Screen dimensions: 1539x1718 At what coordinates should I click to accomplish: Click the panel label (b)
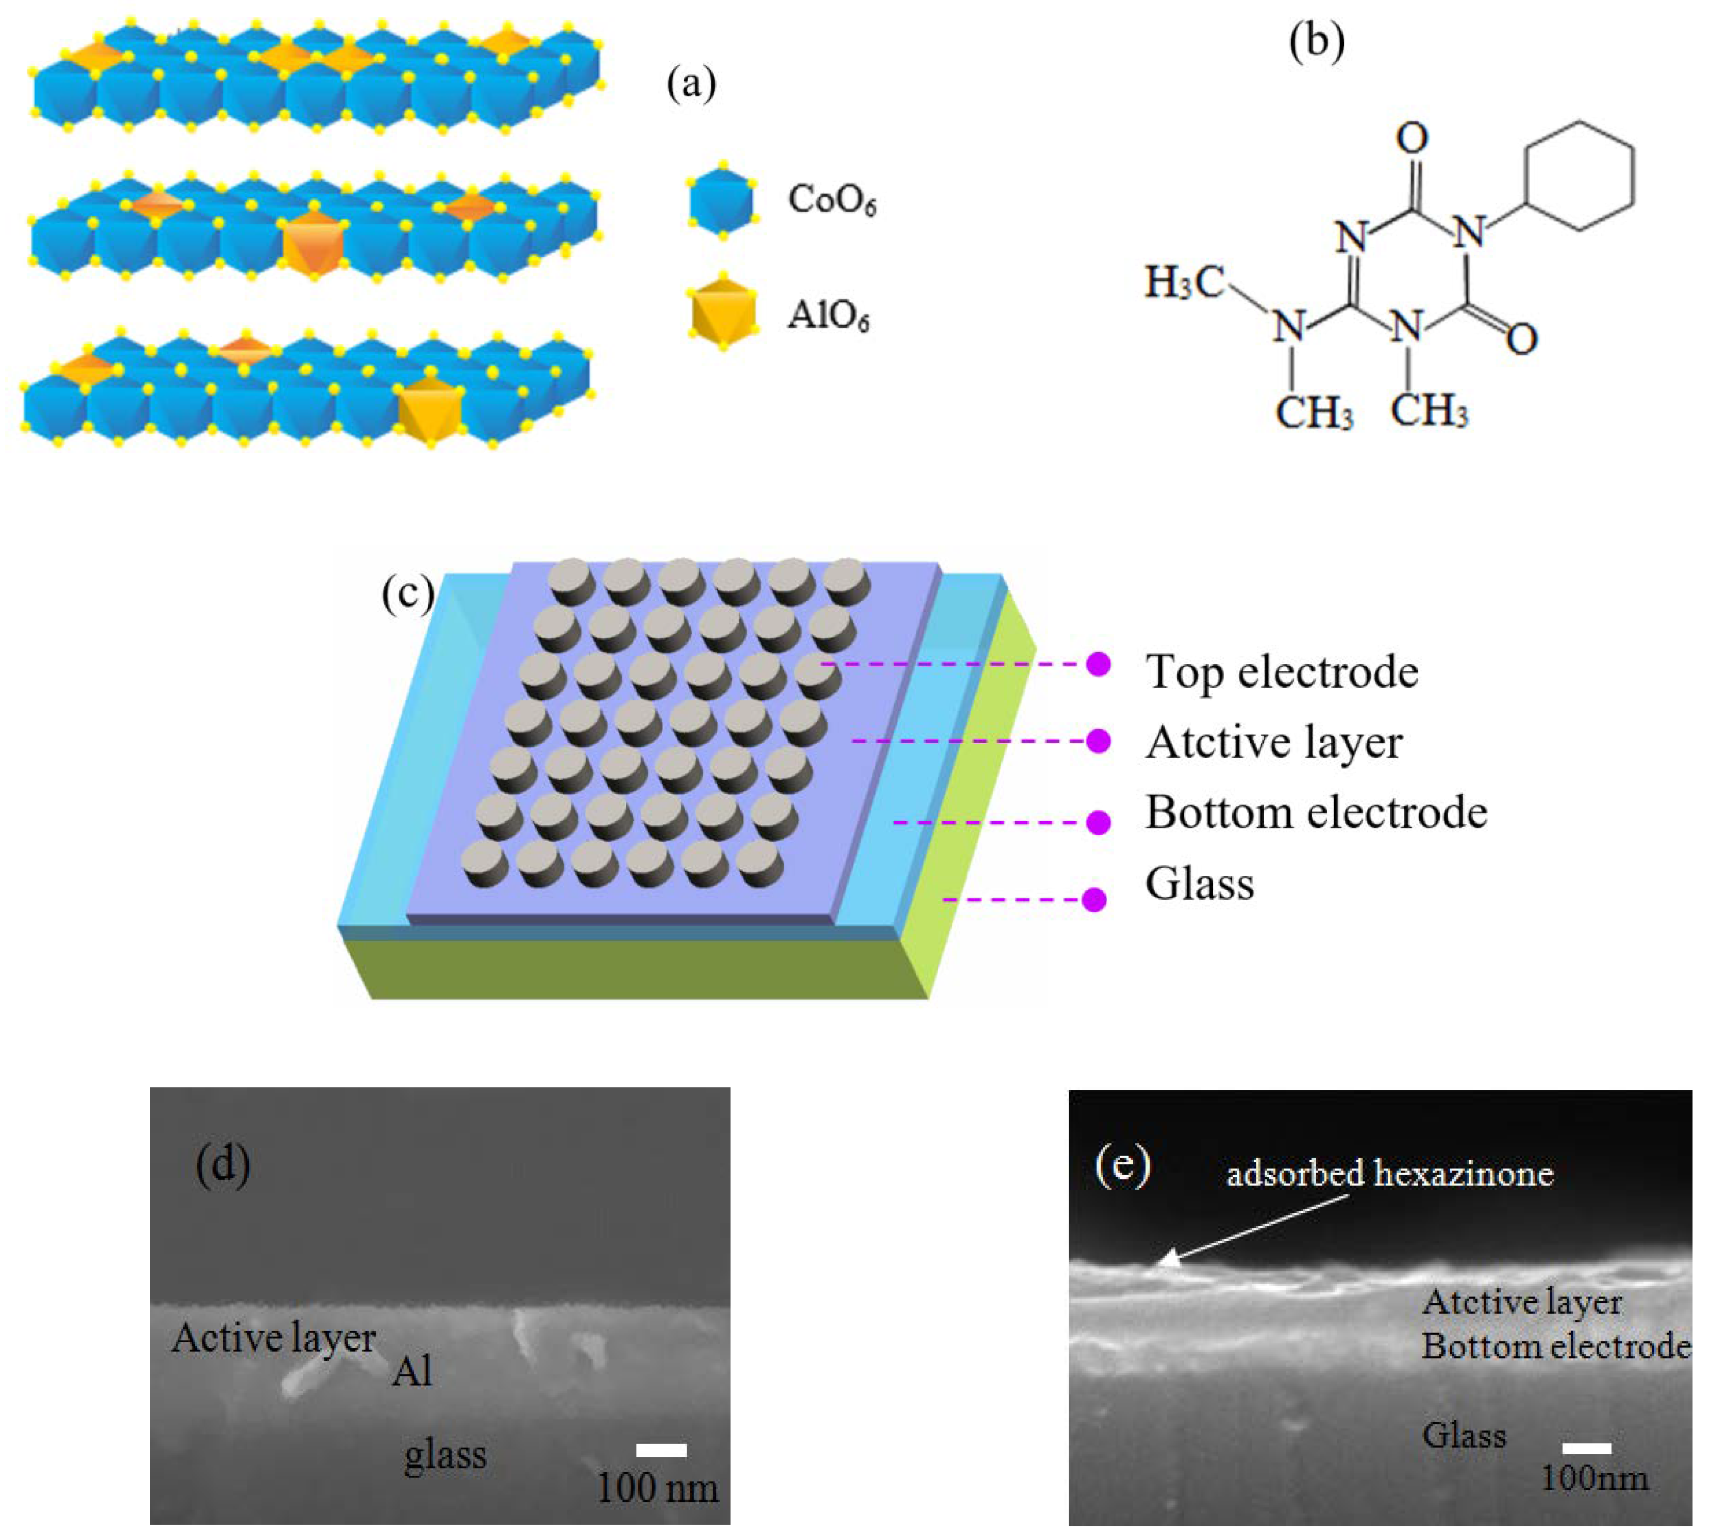tap(1316, 44)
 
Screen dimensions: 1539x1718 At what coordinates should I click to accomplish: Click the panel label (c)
tap(407, 594)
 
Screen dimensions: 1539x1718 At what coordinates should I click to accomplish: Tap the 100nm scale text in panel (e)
tap(1594, 1479)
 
